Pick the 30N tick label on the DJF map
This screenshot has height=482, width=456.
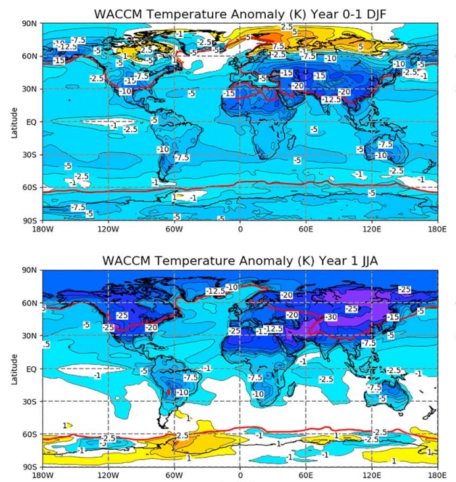point(32,89)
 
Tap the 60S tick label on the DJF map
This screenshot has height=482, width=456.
point(32,187)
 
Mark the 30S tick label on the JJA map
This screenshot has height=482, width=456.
point(32,401)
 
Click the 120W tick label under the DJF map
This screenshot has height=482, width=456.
point(108,229)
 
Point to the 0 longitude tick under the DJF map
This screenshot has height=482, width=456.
point(240,229)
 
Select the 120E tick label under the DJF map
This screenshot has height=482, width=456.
point(372,229)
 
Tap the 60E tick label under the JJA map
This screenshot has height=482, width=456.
point(306,475)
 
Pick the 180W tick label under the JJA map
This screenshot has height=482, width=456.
point(42,475)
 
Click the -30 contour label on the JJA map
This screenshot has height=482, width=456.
point(330,317)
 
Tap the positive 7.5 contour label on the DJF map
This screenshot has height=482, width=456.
point(278,46)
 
